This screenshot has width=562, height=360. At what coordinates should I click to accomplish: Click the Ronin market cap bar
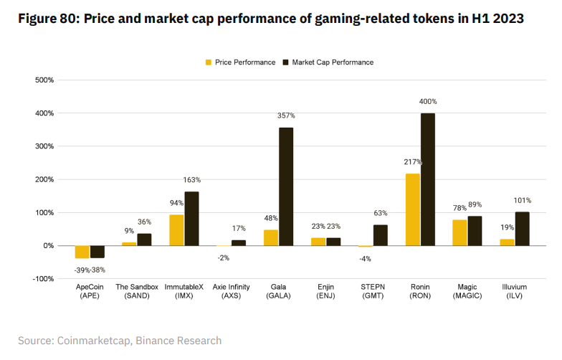click(428, 179)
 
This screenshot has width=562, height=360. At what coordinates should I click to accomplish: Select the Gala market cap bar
click(286, 186)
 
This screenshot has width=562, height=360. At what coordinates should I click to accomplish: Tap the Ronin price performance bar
click(413, 209)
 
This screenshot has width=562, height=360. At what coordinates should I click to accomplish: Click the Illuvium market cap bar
click(522, 229)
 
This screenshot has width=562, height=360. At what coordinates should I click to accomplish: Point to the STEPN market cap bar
click(381, 235)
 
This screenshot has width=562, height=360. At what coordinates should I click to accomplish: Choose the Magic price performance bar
click(459, 232)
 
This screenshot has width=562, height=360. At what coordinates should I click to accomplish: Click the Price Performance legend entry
click(240, 62)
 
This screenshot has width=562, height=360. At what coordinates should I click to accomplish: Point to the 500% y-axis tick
click(44, 80)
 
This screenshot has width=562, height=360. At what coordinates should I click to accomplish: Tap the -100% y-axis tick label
click(42, 279)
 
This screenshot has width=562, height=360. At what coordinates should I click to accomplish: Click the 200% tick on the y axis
click(44, 179)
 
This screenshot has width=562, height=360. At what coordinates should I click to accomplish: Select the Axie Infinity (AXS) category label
click(231, 291)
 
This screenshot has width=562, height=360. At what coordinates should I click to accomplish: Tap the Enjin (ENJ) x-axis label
click(325, 291)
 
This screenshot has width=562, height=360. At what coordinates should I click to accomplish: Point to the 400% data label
click(428, 102)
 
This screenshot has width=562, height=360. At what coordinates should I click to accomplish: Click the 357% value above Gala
click(286, 115)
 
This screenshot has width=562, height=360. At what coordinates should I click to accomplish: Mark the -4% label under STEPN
click(366, 259)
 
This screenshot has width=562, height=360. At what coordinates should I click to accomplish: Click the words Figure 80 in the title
click(47, 19)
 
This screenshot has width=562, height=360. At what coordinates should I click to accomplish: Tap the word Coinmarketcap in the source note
click(93, 341)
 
